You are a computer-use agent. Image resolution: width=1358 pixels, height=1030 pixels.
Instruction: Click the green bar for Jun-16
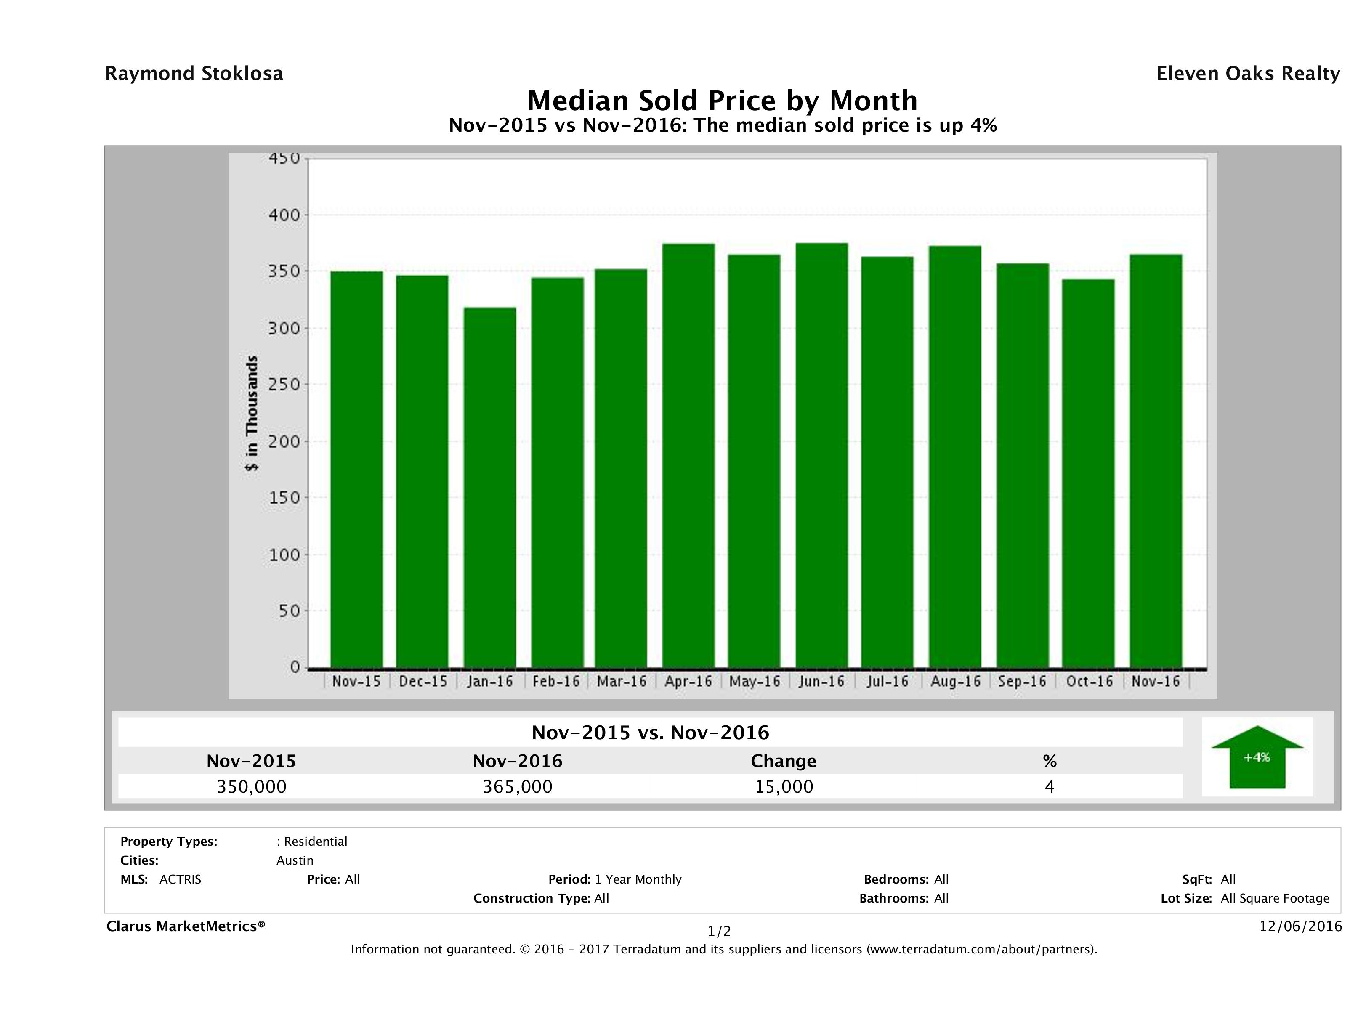pyautogui.click(x=821, y=455)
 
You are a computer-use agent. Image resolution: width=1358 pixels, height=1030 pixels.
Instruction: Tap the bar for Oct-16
pyautogui.click(x=1088, y=473)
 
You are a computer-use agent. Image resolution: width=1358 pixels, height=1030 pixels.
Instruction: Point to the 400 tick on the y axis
pyautogui.click(x=284, y=215)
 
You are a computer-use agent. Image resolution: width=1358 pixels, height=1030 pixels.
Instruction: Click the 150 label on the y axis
pyautogui.click(x=284, y=498)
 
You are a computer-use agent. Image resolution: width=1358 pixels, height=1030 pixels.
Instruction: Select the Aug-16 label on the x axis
pyautogui.click(x=955, y=681)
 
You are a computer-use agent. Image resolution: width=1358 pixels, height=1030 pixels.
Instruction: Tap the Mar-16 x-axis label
pyautogui.click(x=622, y=681)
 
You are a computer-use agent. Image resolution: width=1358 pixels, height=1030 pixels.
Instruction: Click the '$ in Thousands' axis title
pyautogui.click(x=252, y=413)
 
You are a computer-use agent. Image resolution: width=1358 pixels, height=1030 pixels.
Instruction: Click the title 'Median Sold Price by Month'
pyautogui.click(x=723, y=101)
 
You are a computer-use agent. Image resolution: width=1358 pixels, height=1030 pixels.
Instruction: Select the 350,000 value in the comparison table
pyautogui.click(x=252, y=787)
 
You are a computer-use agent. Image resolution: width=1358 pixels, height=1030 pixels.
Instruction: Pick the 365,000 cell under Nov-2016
pyautogui.click(x=518, y=787)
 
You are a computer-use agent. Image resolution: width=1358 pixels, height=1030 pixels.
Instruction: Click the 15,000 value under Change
pyautogui.click(x=784, y=787)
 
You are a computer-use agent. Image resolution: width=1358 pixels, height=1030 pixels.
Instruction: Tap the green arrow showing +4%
pyautogui.click(x=1257, y=759)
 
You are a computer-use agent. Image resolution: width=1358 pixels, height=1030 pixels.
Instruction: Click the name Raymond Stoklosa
pyautogui.click(x=194, y=74)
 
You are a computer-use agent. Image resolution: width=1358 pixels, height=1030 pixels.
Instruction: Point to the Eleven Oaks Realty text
pyautogui.click(x=1247, y=74)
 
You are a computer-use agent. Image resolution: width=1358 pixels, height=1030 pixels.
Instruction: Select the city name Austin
pyautogui.click(x=295, y=860)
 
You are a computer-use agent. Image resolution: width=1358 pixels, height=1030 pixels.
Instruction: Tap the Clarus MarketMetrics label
pyautogui.click(x=186, y=926)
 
